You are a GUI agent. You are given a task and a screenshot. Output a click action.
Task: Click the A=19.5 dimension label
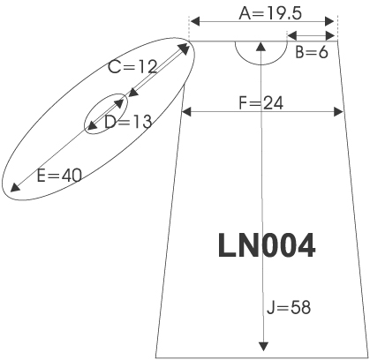(270, 13)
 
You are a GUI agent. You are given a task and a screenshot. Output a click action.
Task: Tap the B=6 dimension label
(312, 53)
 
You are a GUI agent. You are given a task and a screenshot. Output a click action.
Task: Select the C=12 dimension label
(132, 67)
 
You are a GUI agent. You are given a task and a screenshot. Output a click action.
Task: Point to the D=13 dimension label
(128, 122)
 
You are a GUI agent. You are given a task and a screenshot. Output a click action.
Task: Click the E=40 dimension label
(59, 176)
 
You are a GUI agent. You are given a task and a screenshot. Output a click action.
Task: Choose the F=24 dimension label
(261, 103)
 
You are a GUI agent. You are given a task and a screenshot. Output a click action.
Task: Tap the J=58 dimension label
(289, 308)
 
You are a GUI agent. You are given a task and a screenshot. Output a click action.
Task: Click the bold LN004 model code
(267, 245)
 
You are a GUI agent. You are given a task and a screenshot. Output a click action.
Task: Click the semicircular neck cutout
(261, 64)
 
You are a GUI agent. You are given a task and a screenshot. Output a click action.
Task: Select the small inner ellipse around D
(106, 114)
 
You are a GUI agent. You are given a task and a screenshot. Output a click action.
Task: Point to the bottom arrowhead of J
(263, 347)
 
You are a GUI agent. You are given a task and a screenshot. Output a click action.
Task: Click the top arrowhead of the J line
(261, 47)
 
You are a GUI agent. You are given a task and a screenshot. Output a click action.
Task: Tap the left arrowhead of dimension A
(195, 21)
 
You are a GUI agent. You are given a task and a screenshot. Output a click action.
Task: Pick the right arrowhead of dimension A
(329, 21)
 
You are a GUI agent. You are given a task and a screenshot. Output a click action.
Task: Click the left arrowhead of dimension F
(186, 112)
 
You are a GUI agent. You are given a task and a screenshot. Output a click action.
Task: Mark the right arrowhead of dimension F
(339, 112)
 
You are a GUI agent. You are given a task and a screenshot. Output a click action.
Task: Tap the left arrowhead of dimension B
(292, 36)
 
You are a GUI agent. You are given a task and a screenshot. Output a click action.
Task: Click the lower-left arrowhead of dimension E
(15, 187)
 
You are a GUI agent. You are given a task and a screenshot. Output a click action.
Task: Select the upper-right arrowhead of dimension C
(185, 49)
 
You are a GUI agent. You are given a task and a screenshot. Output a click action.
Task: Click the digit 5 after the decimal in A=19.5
(298, 14)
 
